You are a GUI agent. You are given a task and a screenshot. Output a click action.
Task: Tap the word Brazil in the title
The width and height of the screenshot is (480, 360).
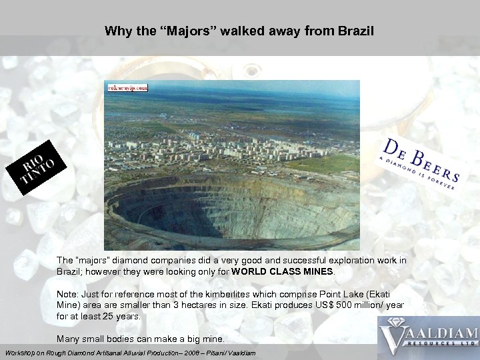(x=356, y=31)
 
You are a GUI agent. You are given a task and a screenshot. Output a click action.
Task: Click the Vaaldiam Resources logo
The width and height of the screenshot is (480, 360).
(x=428, y=337)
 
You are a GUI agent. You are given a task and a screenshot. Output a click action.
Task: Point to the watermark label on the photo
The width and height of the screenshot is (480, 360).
(x=127, y=87)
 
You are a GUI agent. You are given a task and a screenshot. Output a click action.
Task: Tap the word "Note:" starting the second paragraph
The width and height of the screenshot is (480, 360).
(x=68, y=293)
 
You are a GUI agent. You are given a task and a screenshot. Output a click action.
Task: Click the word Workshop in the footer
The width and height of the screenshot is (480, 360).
(x=21, y=352)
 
